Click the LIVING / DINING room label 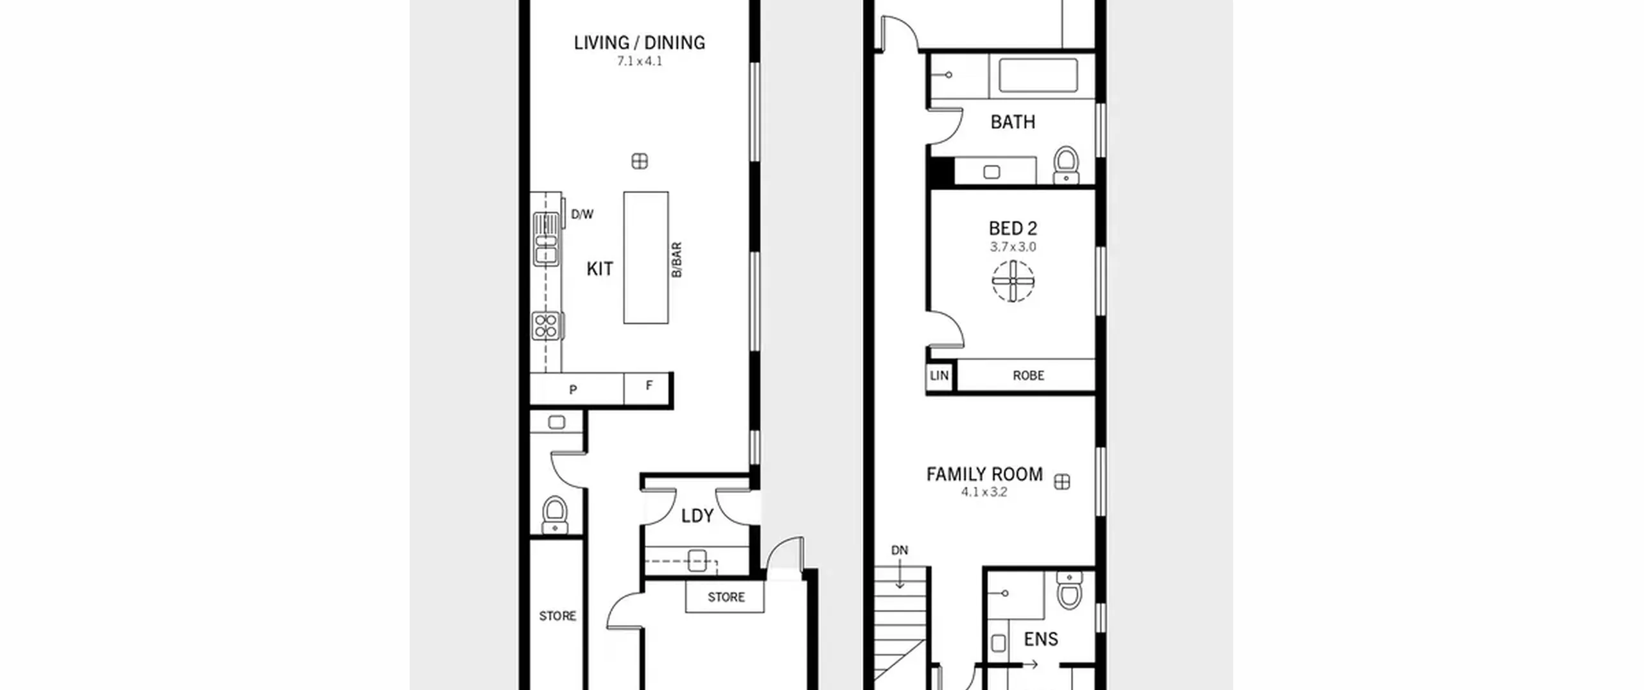[639, 43]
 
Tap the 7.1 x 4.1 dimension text [639, 62]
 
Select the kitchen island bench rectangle [645, 257]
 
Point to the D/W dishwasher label [582, 214]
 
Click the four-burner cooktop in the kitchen [546, 326]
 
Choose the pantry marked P [573, 389]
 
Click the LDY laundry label [697, 516]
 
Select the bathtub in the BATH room [1038, 76]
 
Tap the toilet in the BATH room [1067, 165]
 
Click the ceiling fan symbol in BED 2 [1013, 281]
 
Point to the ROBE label [1028, 375]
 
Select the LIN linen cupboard [939, 375]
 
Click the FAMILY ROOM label [984, 474]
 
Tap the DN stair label [900, 550]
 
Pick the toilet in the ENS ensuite [1069, 590]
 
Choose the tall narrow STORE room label [557, 616]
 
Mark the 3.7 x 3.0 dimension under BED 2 [1013, 247]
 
